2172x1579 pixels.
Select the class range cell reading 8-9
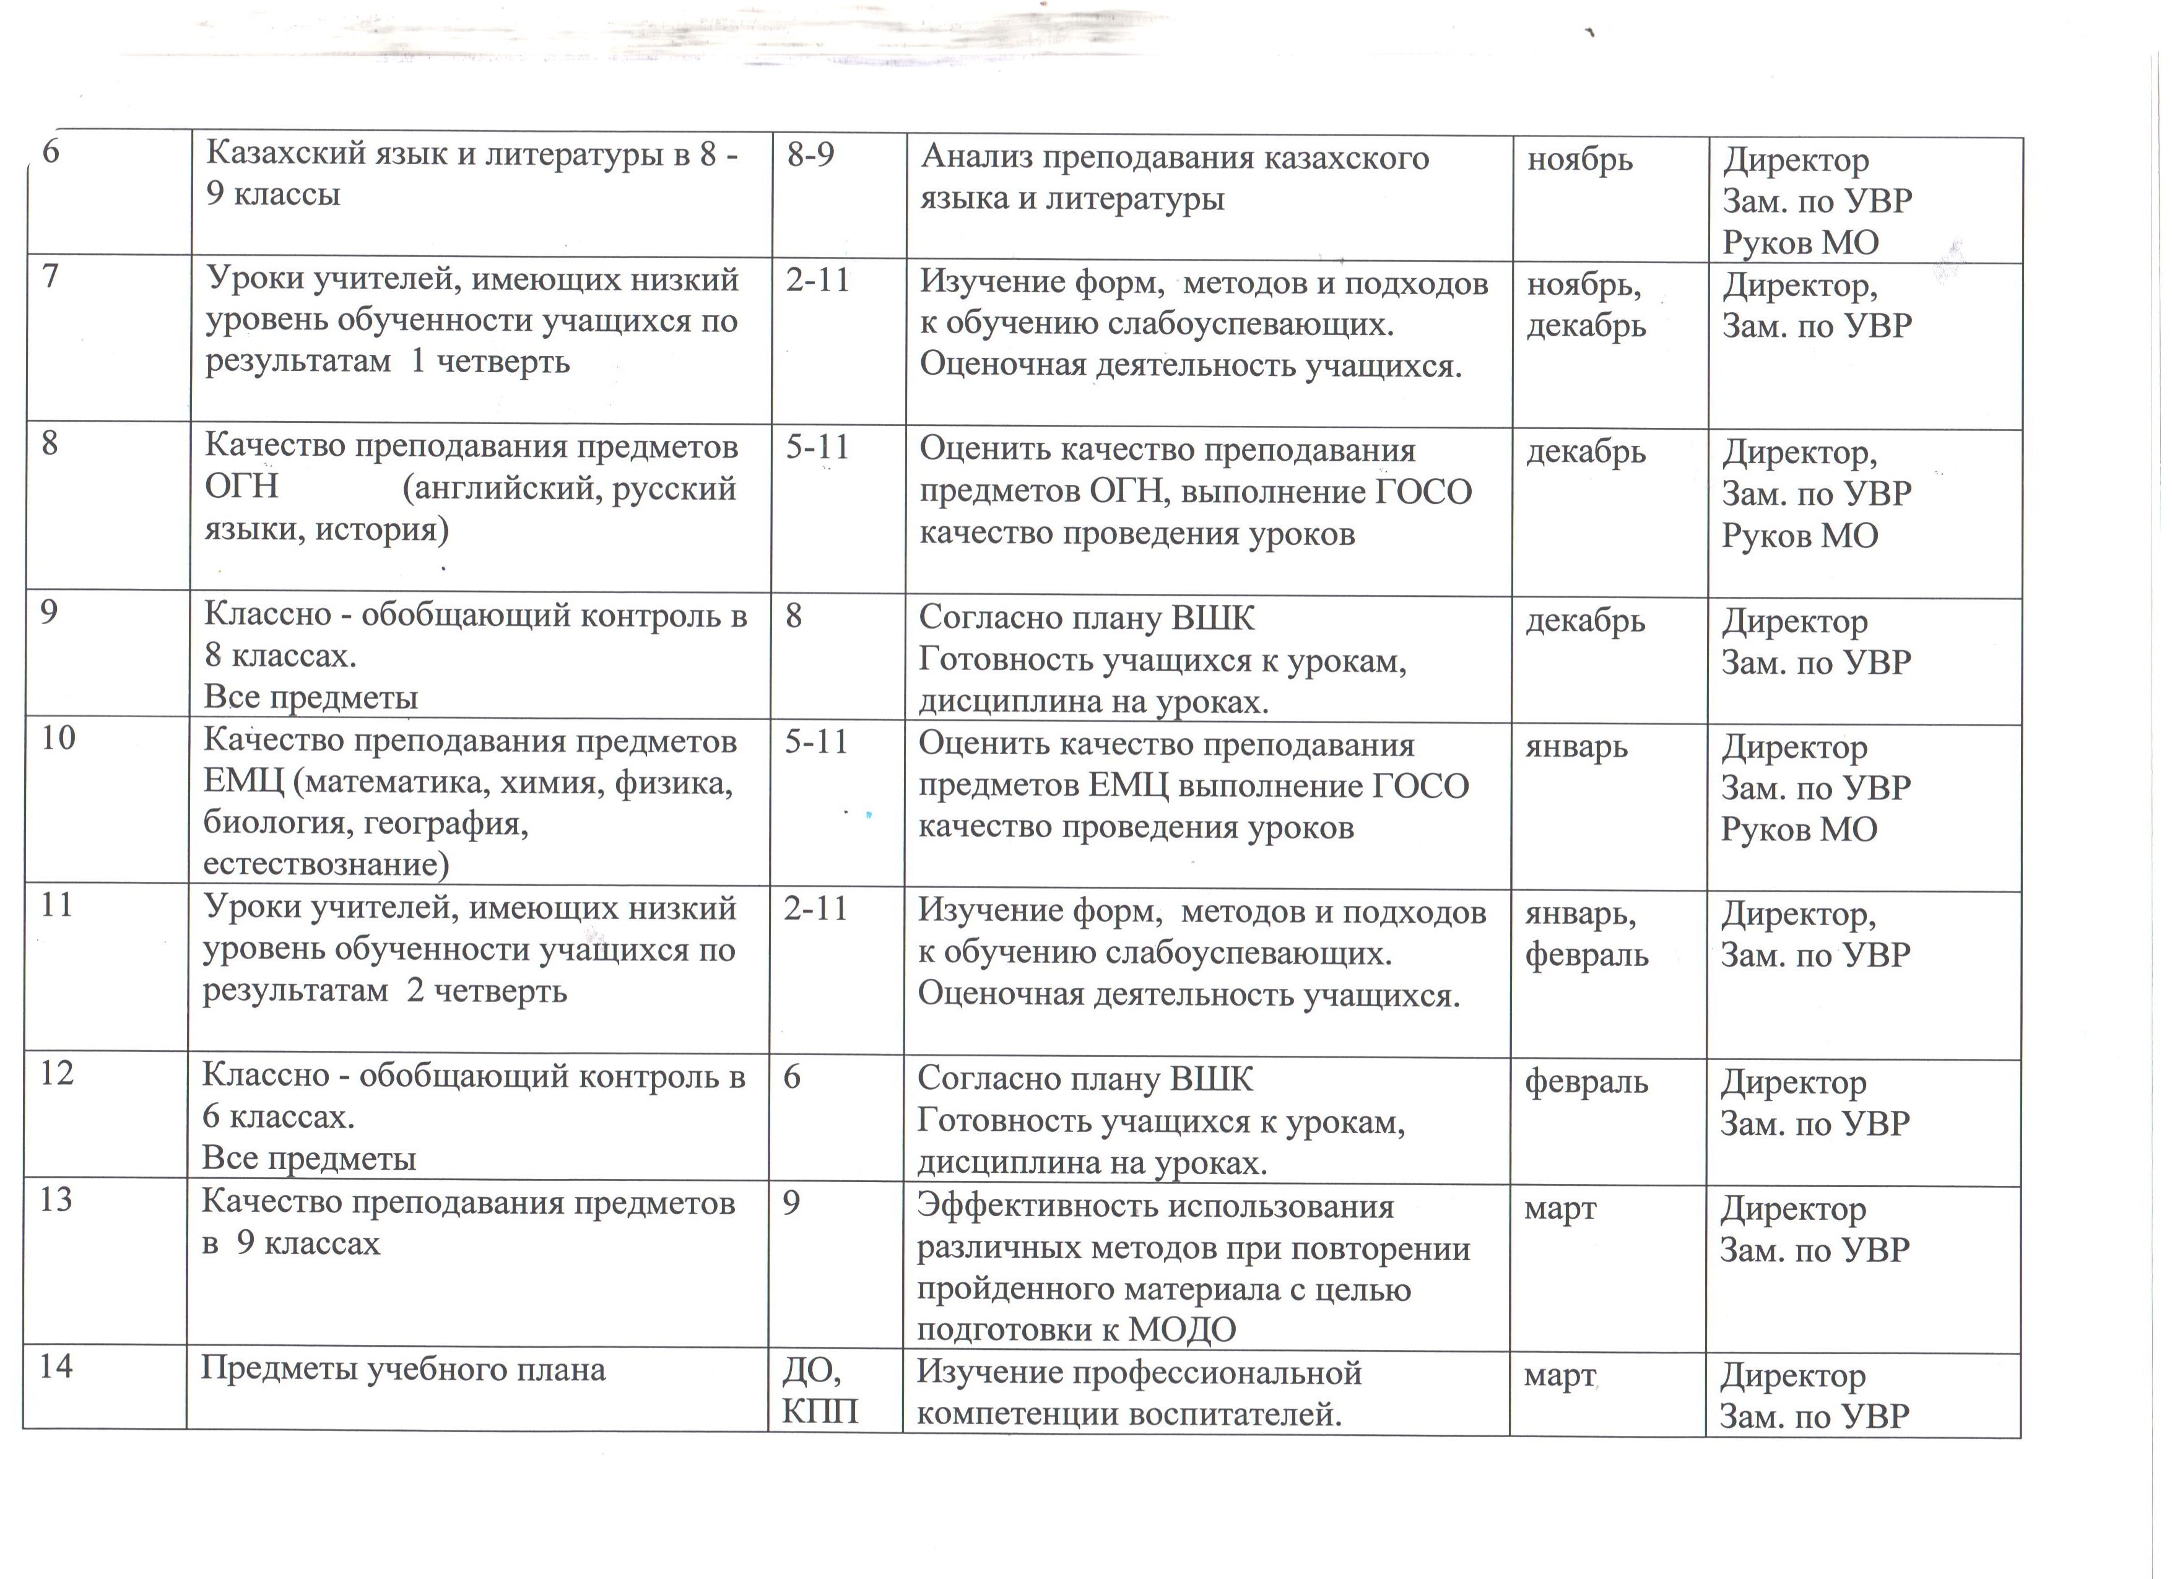pyautogui.click(x=810, y=155)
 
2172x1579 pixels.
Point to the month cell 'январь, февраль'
pyautogui.click(x=1586, y=934)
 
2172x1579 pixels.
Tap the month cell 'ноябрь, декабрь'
pyautogui.click(x=1586, y=305)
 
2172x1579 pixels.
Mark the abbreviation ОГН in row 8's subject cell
pyautogui.click(x=241, y=487)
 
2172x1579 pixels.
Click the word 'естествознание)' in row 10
pyautogui.click(x=326, y=864)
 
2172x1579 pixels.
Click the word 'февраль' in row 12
pyautogui.click(x=1586, y=1082)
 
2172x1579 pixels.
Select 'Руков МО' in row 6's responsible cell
pyautogui.click(x=1801, y=242)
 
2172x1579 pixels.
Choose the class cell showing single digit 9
pyautogui.click(x=791, y=1203)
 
